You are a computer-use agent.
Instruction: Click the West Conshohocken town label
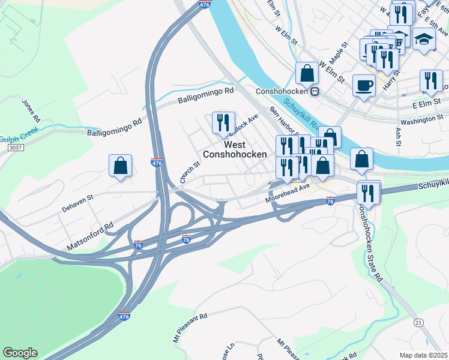tap(235, 149)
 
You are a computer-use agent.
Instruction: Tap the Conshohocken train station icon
tap(314, 92)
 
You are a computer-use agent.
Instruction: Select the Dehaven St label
tap(78, 203)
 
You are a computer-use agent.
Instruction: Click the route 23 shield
tap(418, 323)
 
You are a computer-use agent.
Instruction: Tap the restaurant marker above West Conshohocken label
tap(223, 122)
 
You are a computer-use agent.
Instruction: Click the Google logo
tap(20, 353)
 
